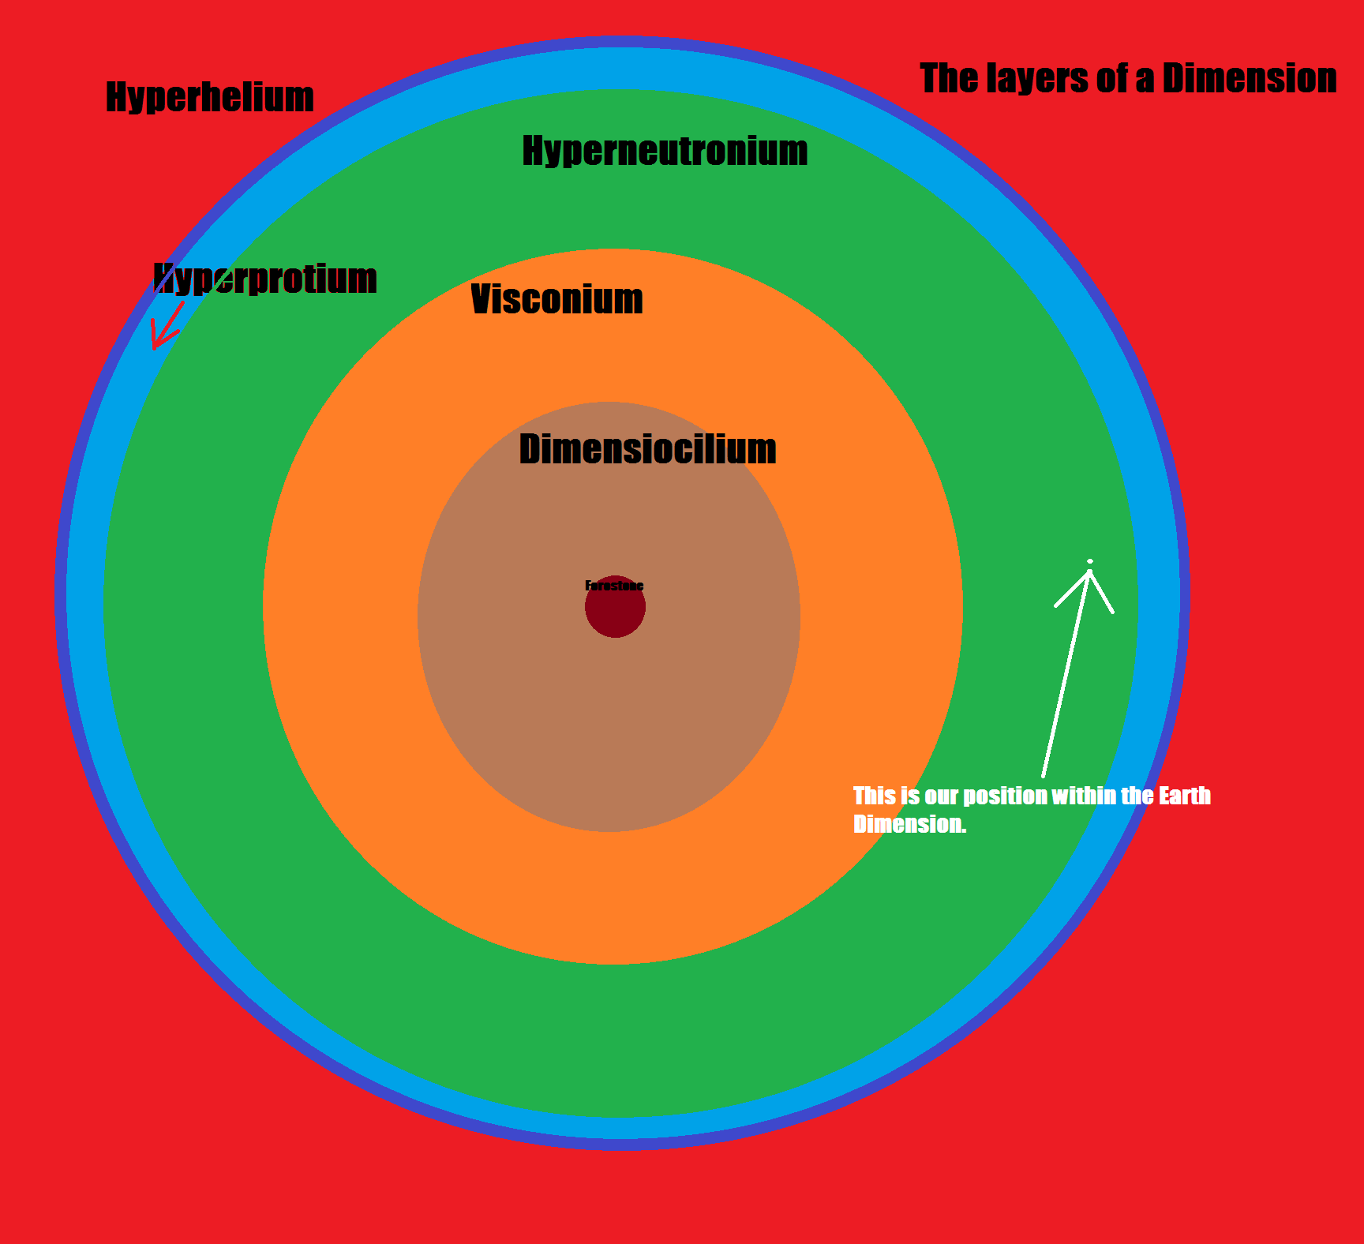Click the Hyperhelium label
pyautogui.click(x=210, y=98)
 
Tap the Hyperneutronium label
pyautogui.click(x=665, y=151)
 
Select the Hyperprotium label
pyautogui.click(x=265, y=279)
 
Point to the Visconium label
pyautogui.click(x=556, y=300)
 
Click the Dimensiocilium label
pyautogui.click(x=647, y=450)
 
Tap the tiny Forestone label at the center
pyautogui.click(x=614, y=586)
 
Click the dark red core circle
pyautogui.click(x=615, y=612)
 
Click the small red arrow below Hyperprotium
pyautogui.click(x=166, y=325)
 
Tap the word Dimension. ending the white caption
pyautogui.click(x=909, y=824)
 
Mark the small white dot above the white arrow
pyautogui.click(x=1090, y=561)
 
